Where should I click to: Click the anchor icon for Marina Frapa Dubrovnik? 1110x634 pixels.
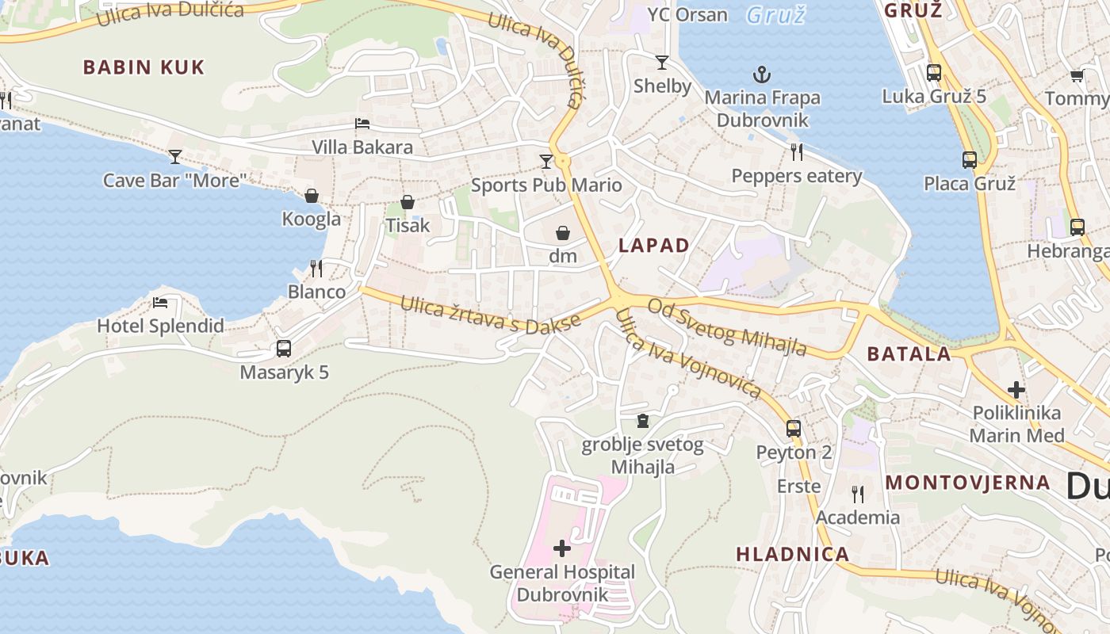click(761, 75)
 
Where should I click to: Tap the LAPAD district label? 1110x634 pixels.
click(654, 246)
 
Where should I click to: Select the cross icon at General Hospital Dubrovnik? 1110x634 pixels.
click(562, 548)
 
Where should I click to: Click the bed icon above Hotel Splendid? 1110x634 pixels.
click(160, 302)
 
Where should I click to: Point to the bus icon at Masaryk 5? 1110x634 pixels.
click(283, 348)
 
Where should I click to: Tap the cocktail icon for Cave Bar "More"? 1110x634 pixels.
click(175, 156)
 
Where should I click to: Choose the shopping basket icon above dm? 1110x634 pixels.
click(563, 233)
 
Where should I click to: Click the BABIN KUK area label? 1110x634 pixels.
click(144, 67)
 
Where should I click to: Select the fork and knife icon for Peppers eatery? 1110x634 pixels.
click(797, 151)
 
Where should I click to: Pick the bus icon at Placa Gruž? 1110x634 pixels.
click(969, 160)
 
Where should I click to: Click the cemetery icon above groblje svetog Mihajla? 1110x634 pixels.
click(642, 420)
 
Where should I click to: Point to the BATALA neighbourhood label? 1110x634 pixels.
click(909, 353)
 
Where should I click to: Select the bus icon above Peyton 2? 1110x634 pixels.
click(794, 429)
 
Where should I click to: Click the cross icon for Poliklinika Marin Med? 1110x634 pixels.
click(1016, 390)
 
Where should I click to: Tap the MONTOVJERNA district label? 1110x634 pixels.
click(967, 483)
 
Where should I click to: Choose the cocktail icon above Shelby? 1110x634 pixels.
click(662, 62)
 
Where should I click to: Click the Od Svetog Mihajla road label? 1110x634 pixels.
click(727, 327)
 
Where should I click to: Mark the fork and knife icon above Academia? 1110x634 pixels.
click(857, 494)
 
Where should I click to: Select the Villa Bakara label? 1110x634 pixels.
click(362, 147)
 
